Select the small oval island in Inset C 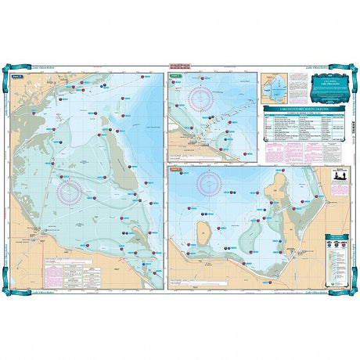202,231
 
